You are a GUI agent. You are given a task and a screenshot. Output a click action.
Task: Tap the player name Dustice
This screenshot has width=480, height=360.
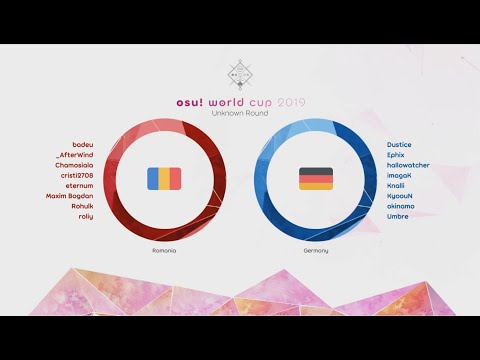[399, 145]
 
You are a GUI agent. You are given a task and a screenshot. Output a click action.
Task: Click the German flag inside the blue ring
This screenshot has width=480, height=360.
[315, 179]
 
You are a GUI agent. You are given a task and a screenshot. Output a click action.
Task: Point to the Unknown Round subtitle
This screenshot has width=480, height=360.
[239, 113]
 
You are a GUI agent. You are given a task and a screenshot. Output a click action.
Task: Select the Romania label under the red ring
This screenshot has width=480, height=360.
[164, 250]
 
